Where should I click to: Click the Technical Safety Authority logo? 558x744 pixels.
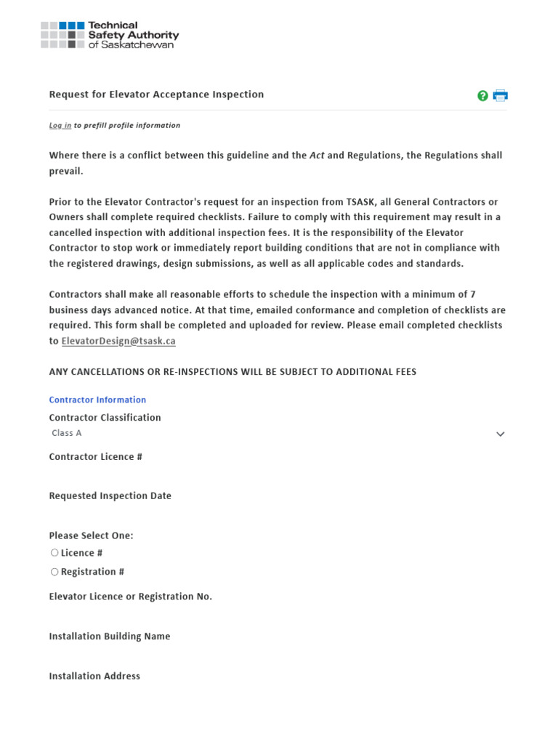pyautogui.click(x=109, y=35)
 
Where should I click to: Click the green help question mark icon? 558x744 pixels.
pyautogui.click(x=482, y=95)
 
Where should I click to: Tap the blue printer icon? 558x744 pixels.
pyautogui.click(x=500, y=95)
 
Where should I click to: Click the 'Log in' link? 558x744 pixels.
pyautogui.click(x=60, y=126)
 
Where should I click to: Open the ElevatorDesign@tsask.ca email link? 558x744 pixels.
pyautogui.click(x=118, y=341)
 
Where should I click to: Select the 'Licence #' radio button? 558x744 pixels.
pyautogui.click(x=54, y=553)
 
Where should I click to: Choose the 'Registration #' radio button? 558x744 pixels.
pyautogui.click(x=54, y=572)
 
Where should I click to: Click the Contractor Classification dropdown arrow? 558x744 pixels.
pyautogui.click(x=500, y=434)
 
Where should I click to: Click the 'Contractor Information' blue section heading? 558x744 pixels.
pyautogui.click(x=97, y=400)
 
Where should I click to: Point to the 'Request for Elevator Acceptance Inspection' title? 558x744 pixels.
pyautogui.click(x=156, y=94)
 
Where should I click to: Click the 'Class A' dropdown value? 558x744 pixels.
pyautogui.click(x=67, y=433)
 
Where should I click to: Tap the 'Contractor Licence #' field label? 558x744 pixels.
pyautogui.click(x=95, y=457)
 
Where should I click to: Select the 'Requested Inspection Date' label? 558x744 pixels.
pyautogui.click(x=110, y=496)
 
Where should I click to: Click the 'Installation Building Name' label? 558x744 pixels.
pyautogui.click(x=109, y=636)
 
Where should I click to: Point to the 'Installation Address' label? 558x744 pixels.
pyautogui.click(x=94, y=676)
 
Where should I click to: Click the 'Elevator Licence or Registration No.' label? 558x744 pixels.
pyautogui.click(x=130, y=597)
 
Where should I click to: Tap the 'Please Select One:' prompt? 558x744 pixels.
pyautogui.click(x=91, y=535)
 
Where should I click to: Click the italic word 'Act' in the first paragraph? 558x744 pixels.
pyautogui.click(x=317, y=155)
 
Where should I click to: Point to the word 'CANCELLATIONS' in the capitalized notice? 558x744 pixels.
pyautogui.click(x=108, y=372)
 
